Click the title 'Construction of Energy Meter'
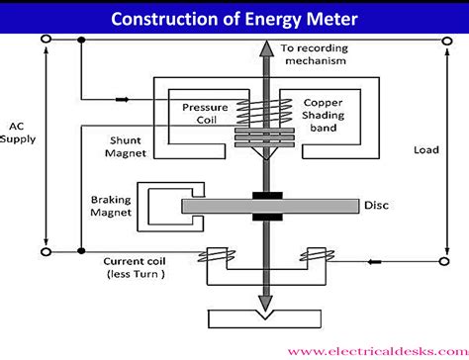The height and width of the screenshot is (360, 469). point(234,17)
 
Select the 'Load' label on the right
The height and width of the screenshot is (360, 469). point(426,150)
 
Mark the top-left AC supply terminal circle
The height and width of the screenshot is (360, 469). point(46,41)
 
